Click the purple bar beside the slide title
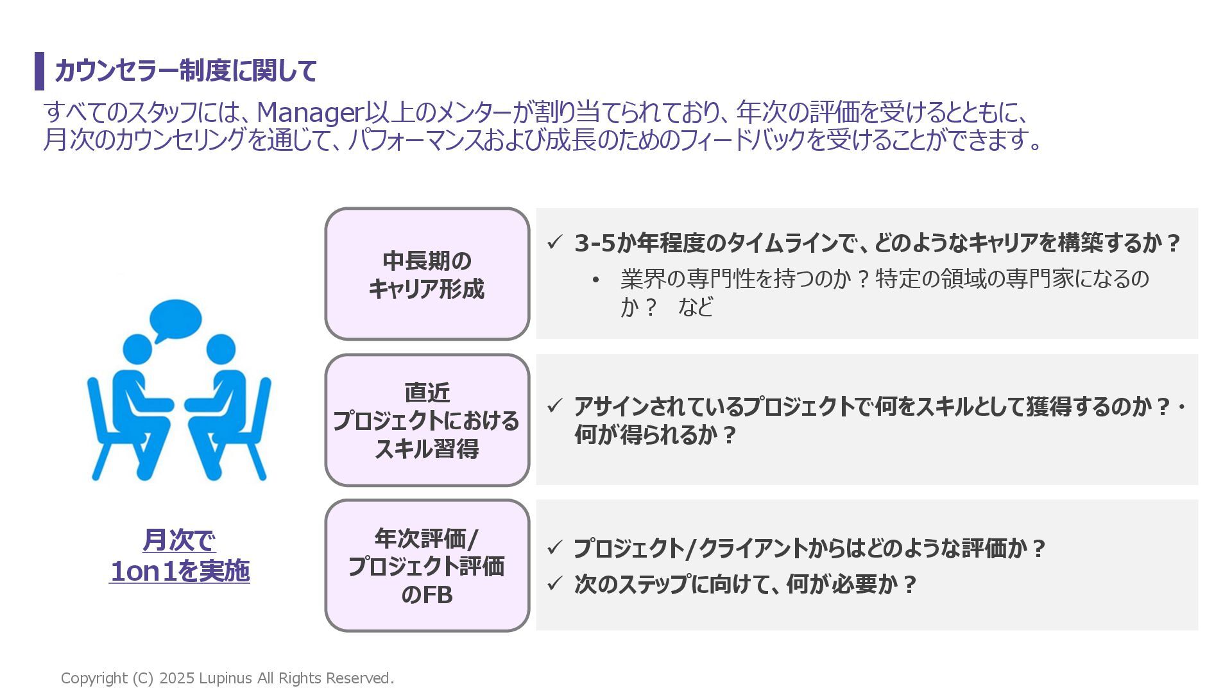pyautogui.click(x=39, y=71)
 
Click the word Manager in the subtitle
pyautogui.click(x=310, y=113)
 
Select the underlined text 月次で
pyautogui.click(x=179, y=540)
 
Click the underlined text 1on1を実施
pyautogui.click(x=180, y=571)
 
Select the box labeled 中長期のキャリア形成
pyautogui.click(x=427, y=274)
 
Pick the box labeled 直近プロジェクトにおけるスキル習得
pyautogui.click(x=427, y=420)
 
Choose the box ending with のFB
pyautogui.click(x=427, y=566)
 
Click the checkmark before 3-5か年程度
pyautogui.click(x=554, y=243)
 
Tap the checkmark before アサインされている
pyautogui.click(x=554, y=406)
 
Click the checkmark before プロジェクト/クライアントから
pyautogui.click(x=554, y=549)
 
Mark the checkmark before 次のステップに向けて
pyautogui.click(x=554, y=584)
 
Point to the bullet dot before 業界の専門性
pyautogui.click(x=595, y=280)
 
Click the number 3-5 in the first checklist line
pyautogui.click(x=595, y=243)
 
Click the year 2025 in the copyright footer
pyautogui.click(x=176, y=678)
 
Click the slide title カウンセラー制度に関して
pyautogui.click(x=186, y=71)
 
